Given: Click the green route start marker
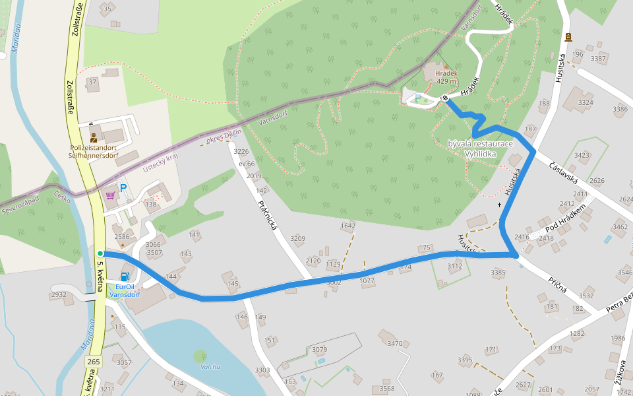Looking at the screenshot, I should (x=100, y=253).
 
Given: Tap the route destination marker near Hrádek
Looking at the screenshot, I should (x=446, y=98).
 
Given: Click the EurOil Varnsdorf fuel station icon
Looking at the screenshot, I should (x=123, y=277).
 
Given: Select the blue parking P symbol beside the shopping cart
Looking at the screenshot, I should (x=123, y=189).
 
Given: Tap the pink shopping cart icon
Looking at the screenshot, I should (x=110, y=195).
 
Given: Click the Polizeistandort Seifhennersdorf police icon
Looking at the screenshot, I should (x=93, y=138).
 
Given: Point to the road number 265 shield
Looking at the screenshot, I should (x=94, y=361).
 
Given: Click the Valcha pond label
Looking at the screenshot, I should (x=210, y=367).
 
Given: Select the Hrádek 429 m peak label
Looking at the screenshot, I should (x=446, y=77).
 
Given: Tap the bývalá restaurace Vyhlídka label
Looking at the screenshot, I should (x=480, y=148).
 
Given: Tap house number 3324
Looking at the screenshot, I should (x=585, y=102).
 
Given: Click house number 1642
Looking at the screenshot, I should (x=348, y=226).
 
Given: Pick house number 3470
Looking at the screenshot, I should (x=394, y=343).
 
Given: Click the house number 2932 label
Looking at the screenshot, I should (x=58, y=294).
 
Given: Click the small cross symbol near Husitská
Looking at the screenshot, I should (x=500, y=205).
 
